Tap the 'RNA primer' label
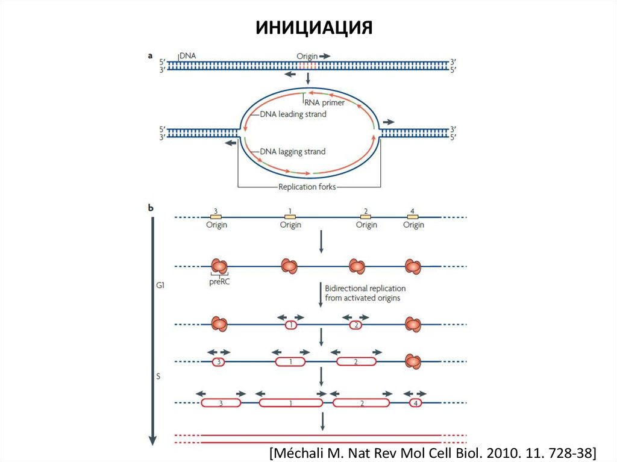pos(325,102)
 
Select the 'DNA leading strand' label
pos(293,114)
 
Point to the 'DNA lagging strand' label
pos(293,152)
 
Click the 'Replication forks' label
pos(307,187)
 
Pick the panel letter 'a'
pos(150,55)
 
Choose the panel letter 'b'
pos(150,208)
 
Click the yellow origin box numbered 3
pos(216,216)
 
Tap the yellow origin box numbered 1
pos(290,216)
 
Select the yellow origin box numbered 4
pos(413,216)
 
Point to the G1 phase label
pos(159,287)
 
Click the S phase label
pos(158,376)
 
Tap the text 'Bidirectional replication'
pos(365,289)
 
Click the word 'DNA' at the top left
pos(187,55)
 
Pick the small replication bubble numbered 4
pos(416,402)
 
